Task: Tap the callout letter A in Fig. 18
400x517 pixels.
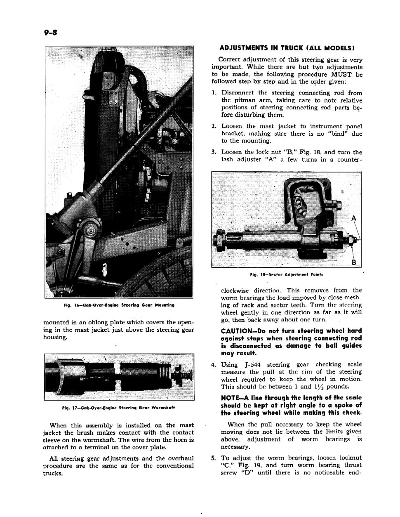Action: [353, 219]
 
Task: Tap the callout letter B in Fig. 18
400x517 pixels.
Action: [353, 263]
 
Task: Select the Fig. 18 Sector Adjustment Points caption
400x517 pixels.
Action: [287, 274]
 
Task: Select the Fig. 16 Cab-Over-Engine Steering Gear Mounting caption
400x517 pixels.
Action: [119, 305]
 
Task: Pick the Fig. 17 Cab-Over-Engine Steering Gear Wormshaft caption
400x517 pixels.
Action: [119, 408]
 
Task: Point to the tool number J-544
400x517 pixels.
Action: [252, 365]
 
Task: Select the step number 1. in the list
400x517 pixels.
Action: [214, 93]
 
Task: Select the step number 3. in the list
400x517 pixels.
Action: [214, 152]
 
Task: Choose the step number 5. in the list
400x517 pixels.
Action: [214, 458]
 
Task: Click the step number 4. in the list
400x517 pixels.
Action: [214, 365]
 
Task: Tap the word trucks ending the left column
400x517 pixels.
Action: [52, 473]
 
